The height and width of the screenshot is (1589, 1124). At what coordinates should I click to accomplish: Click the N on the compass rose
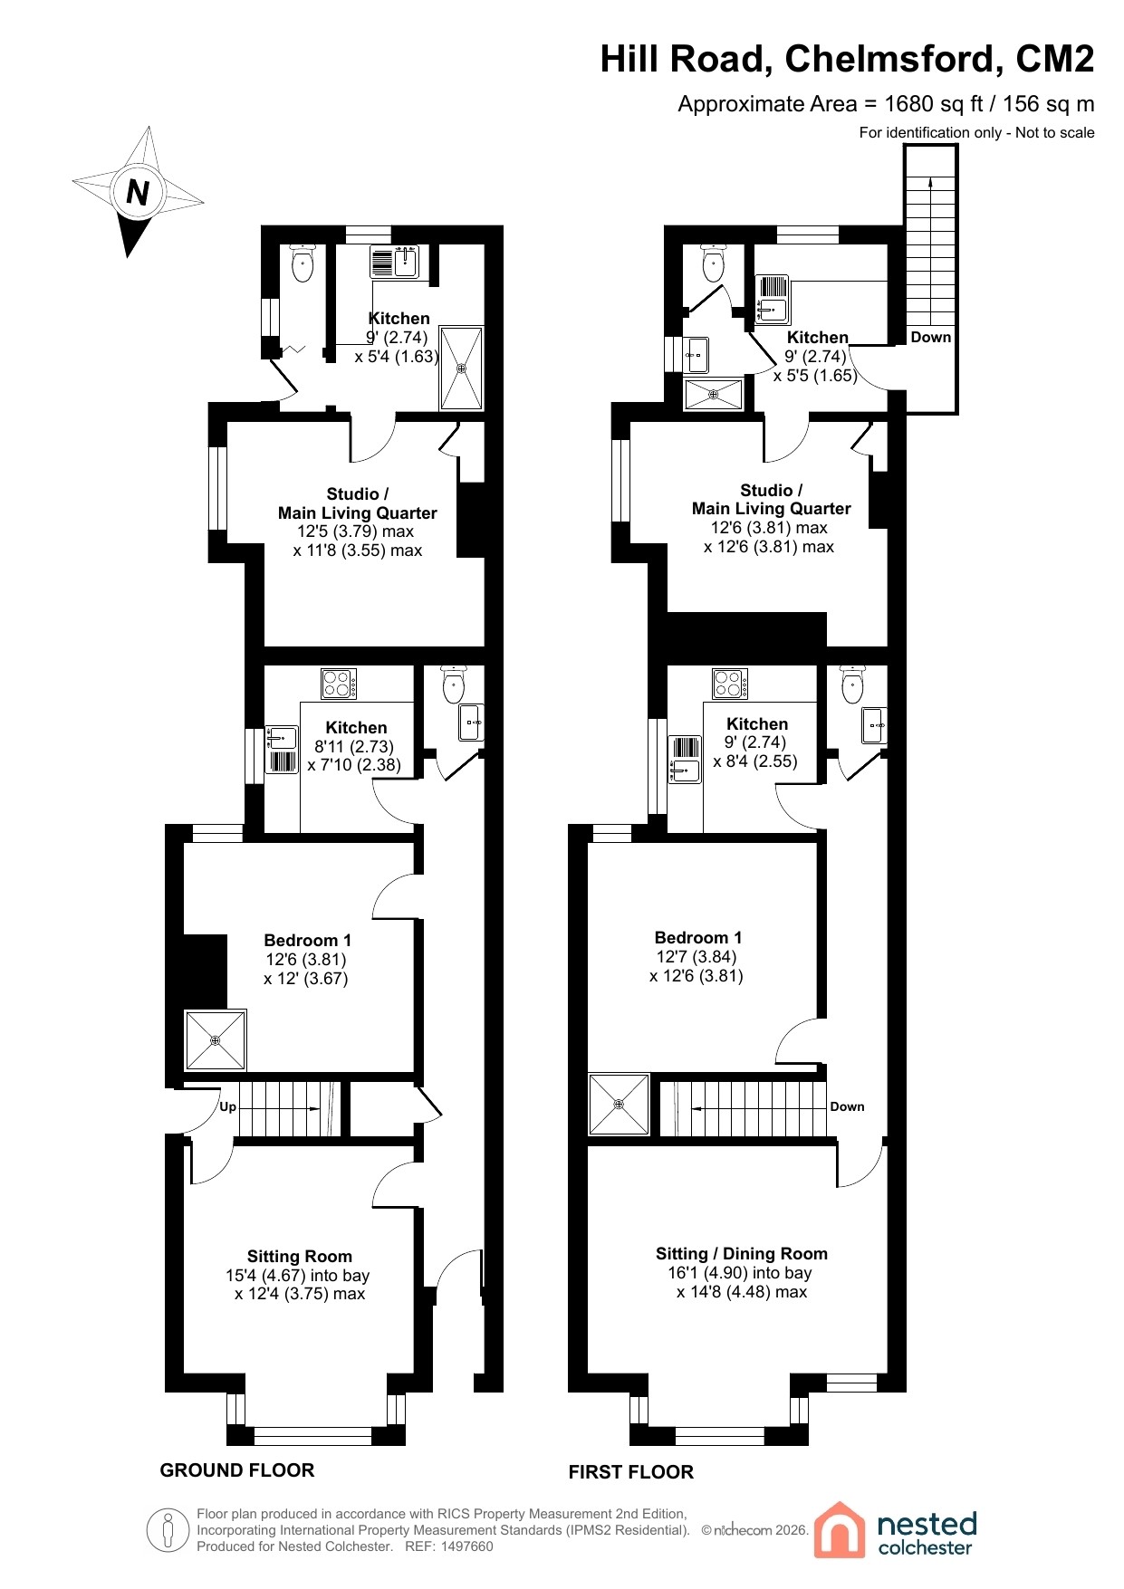[138, 192]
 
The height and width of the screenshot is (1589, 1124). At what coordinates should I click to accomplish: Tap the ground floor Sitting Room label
[300, 1256]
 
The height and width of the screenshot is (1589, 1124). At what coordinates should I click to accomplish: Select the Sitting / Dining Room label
[742, 1253]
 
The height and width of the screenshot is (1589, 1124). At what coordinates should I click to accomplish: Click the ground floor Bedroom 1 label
[307, 940]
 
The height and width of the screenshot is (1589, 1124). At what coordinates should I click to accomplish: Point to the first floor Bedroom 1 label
[698, 937]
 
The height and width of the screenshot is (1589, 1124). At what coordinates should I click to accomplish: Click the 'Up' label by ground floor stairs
[227, 1106]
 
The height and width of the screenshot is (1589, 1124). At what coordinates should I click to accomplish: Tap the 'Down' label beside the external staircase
[931, 337]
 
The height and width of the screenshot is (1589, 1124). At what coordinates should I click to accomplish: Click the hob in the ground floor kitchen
[339, 684]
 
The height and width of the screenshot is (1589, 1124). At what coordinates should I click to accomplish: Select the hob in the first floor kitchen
[730, 684]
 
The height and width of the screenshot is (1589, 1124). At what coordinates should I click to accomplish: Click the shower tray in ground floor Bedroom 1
[216, 1040]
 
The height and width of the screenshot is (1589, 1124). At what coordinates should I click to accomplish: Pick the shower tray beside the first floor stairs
[619, 1104]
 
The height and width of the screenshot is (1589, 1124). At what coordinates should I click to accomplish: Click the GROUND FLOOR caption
[237, 1470]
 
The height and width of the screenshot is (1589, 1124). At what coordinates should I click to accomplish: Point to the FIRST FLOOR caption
[631, 1472]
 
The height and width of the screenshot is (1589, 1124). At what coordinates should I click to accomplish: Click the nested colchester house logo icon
[840, 1529]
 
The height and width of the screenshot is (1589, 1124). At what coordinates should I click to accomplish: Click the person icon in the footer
[168, 1530]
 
